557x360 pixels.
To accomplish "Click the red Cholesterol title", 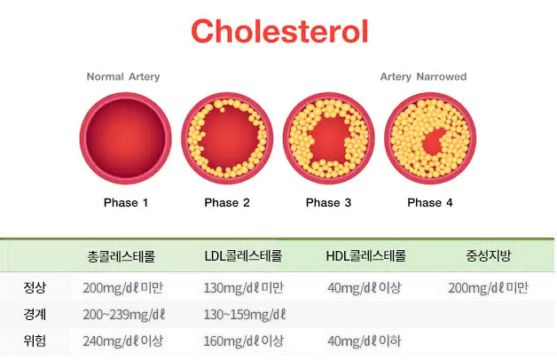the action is (279, 31).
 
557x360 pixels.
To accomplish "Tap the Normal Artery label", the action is (123, 76).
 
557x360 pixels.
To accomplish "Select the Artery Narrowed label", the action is (423, 76).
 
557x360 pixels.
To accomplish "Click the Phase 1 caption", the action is (126, 203).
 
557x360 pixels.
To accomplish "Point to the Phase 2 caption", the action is (227, 203).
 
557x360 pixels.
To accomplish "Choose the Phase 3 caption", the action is (328, 203).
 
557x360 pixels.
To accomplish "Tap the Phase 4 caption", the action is (430, 203).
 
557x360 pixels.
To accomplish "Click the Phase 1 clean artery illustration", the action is (126, 138).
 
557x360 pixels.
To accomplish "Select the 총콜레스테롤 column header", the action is (122, 256).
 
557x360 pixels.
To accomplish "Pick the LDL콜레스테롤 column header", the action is (243, 255).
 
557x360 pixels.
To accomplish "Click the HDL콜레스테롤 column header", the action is (366, 255).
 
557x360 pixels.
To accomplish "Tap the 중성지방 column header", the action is (489, 255).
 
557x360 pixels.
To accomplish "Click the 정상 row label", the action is (35, 287).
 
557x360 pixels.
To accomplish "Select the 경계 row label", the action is (35, 314).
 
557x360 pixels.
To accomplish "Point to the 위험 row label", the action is (35, 340).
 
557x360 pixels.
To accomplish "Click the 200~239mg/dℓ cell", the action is (124, 315).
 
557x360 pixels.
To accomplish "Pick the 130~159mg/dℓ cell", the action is (245, 315).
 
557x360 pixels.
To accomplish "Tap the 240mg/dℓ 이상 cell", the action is (123, 341).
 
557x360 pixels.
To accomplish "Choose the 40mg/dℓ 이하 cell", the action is (365, 341).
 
